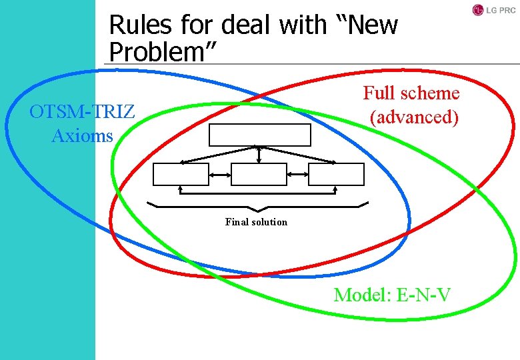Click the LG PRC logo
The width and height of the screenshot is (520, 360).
pos(493,10)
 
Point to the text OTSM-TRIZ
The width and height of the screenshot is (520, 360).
pos(82,111)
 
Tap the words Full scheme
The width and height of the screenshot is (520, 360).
pos(411,93)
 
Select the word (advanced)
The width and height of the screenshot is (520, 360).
pos(414,117)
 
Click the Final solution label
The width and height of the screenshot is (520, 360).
pos(256,222)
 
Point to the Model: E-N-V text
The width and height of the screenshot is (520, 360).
pos(392,294)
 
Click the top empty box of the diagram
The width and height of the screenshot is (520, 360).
pos(260,135)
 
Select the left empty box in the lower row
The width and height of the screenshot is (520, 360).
pos(181,174)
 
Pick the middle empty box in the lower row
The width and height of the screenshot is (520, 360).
pos(259,174)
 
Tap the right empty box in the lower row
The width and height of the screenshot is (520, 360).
pos(337,174)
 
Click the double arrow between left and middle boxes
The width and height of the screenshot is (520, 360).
pos(220,174)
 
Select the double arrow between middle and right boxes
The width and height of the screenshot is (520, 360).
pos(297,174)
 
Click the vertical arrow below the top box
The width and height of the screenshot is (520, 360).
pos(259,154)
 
